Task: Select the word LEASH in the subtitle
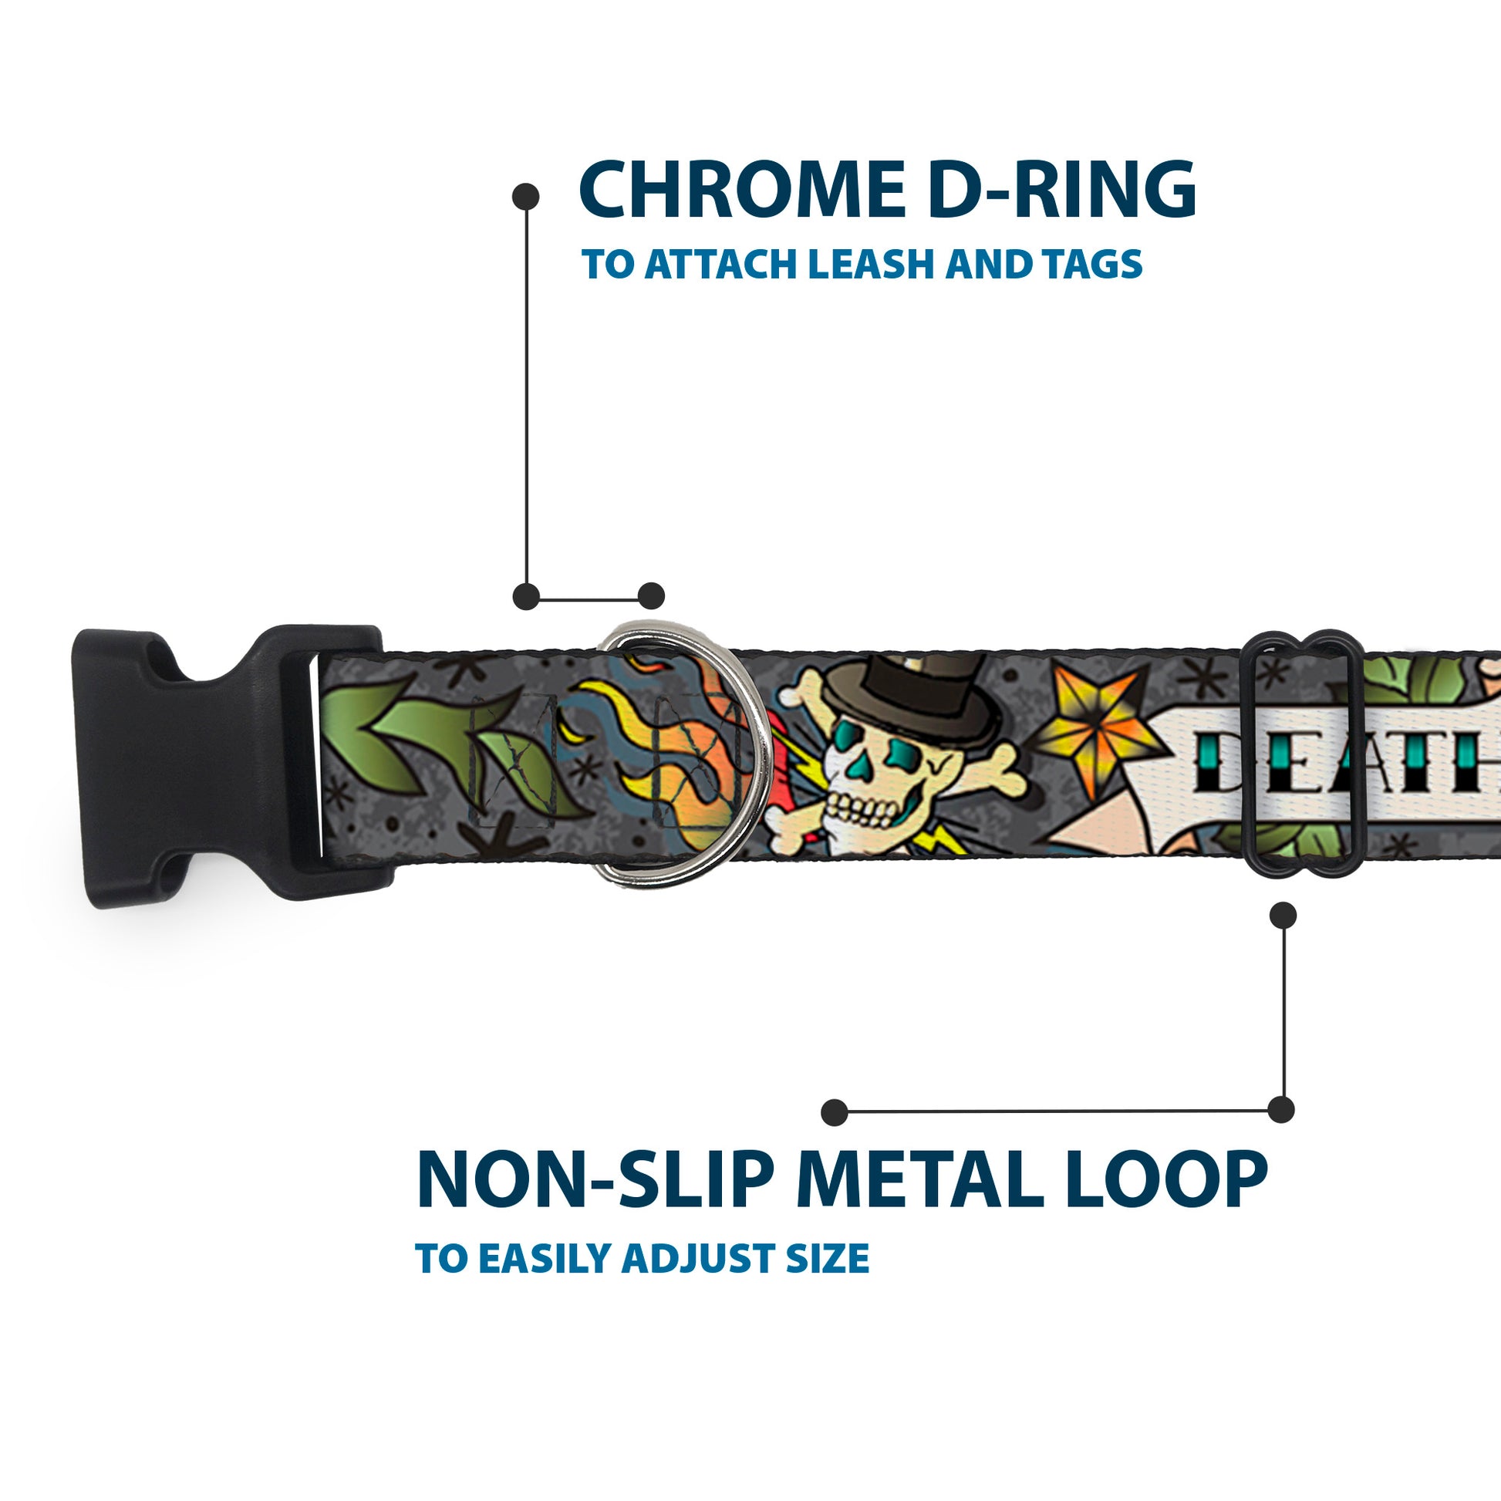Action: click(871, 265)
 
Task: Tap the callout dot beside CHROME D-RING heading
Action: click(527, 197)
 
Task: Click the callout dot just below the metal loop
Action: click(1282, 916)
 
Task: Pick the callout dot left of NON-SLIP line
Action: click(834, 1112)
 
